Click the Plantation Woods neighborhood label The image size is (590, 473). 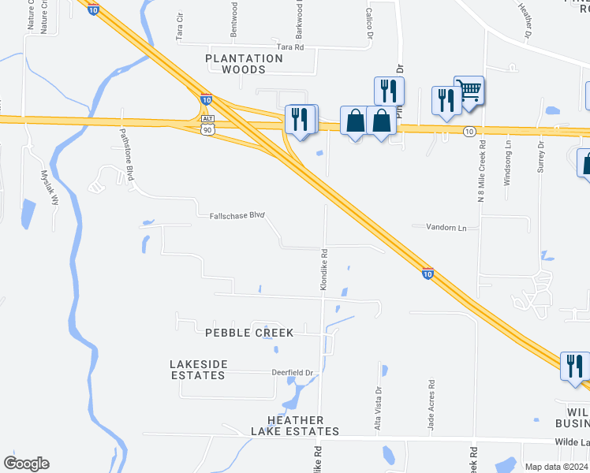[244, 64]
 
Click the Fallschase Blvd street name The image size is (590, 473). [237, 215]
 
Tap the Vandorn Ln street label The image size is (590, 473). [446, 227]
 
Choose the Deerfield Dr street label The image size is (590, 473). [293, 373]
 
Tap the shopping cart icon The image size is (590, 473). [469, 92]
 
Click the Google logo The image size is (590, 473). [26, 464]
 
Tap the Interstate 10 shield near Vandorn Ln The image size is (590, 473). [427, 274]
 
